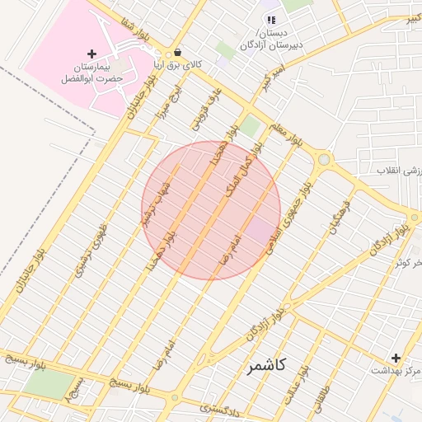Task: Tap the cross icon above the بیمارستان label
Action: pos(91,54)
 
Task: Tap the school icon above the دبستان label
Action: pos(270,19)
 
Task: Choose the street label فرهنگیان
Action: pos(340,215)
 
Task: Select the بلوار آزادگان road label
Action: pos(264,326)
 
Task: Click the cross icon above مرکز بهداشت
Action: pos(396,358)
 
